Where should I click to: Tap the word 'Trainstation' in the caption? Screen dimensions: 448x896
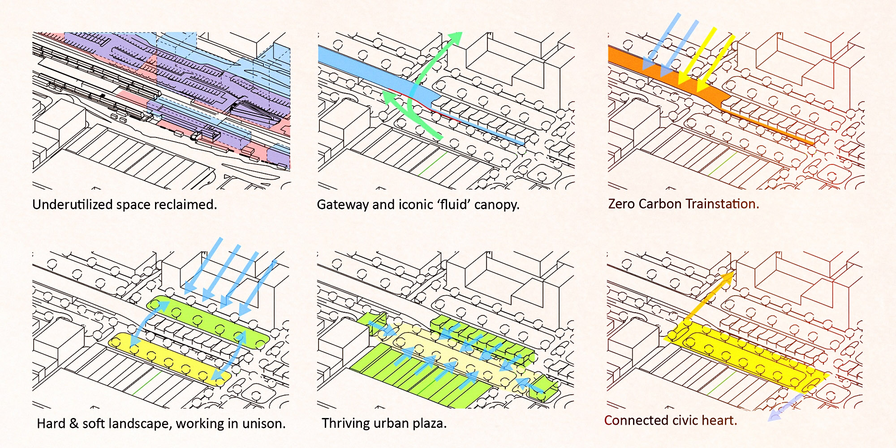pos(722,204)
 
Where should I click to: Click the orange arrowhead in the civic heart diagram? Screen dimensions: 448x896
pos(728,278)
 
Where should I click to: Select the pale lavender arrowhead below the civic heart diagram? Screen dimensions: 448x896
pos(774,416)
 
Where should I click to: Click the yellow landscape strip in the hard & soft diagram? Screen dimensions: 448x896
pos(170,358)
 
